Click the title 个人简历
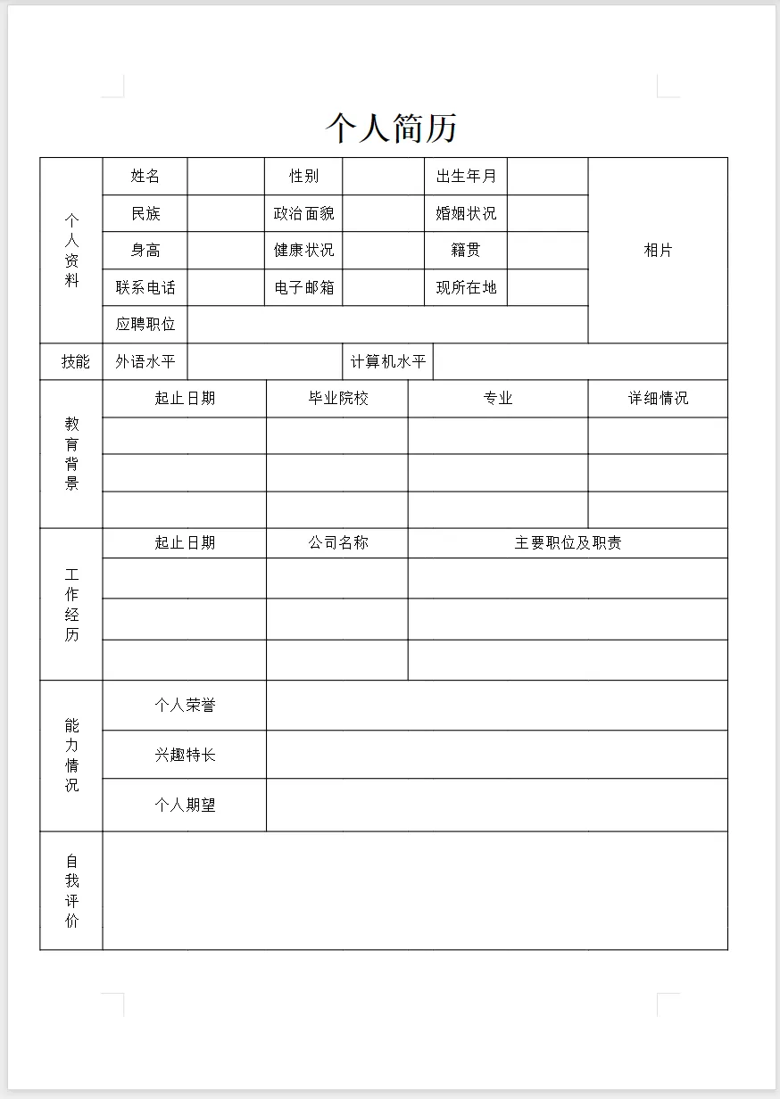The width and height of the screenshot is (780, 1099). [x=391, y=128]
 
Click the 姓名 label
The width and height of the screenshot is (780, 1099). [x=145, y=177]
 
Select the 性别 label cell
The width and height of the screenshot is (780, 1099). [x=303, y=177]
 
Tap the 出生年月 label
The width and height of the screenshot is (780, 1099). [x=466, y=177]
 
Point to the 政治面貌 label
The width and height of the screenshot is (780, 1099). [x=303, y=214]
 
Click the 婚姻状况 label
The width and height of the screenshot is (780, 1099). [x=466, y=214]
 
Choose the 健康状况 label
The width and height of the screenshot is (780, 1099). [x=303, y=251]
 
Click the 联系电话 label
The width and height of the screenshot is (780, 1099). [x=145, y=288]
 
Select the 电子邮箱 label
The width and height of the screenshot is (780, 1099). [x=303, y=288]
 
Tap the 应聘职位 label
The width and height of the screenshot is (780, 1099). [x=145, y=325]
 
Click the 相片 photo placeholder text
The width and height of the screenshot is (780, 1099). [x=658, y=251]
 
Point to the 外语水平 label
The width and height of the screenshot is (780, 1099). [x=145, y=362]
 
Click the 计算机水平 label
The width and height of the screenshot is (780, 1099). [x=388, y=362]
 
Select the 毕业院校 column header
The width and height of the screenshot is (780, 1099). [x=338, y=399]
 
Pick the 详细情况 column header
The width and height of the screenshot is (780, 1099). [x=658, y=399]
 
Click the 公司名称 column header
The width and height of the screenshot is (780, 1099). [x=338, y=543]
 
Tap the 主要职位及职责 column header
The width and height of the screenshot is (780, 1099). [x=568, y=543]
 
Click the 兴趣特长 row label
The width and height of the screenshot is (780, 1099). [x=185, y=756]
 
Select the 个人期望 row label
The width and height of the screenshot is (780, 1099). [x=185, y=806]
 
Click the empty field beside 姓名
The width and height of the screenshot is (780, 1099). [x=226, y=177]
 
